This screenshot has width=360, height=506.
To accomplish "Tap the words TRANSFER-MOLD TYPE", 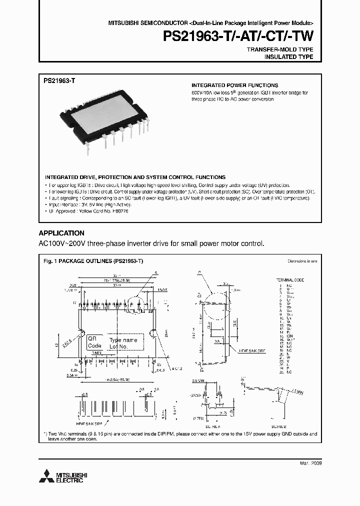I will pos(280,50).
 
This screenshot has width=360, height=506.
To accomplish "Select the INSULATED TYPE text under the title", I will pos(288,57).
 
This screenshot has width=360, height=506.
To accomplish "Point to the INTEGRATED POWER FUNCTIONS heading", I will pos(235,85).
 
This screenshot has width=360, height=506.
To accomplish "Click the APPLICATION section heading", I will pos(61,233).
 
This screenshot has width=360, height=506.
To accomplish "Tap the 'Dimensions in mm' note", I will pos(302,261).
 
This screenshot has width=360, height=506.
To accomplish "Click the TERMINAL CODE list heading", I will pos(290,280).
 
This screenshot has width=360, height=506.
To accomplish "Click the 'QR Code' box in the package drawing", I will pos(94,342).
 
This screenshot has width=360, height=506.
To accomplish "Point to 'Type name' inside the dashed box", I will pos(122,340).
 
